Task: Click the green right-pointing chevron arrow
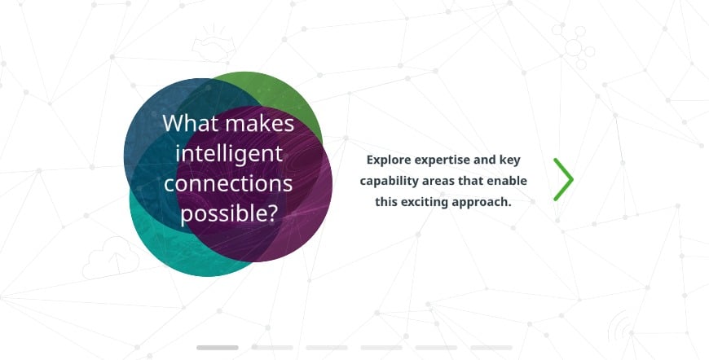click(564, 179)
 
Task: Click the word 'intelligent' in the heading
click(229, 155)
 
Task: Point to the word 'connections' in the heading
click(228, 184)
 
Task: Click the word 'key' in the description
click(509, 160)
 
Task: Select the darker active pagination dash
click(217, 347)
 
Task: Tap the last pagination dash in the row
click(491, 347)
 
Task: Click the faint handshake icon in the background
click(214, 45)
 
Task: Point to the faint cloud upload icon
click(111, 259)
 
